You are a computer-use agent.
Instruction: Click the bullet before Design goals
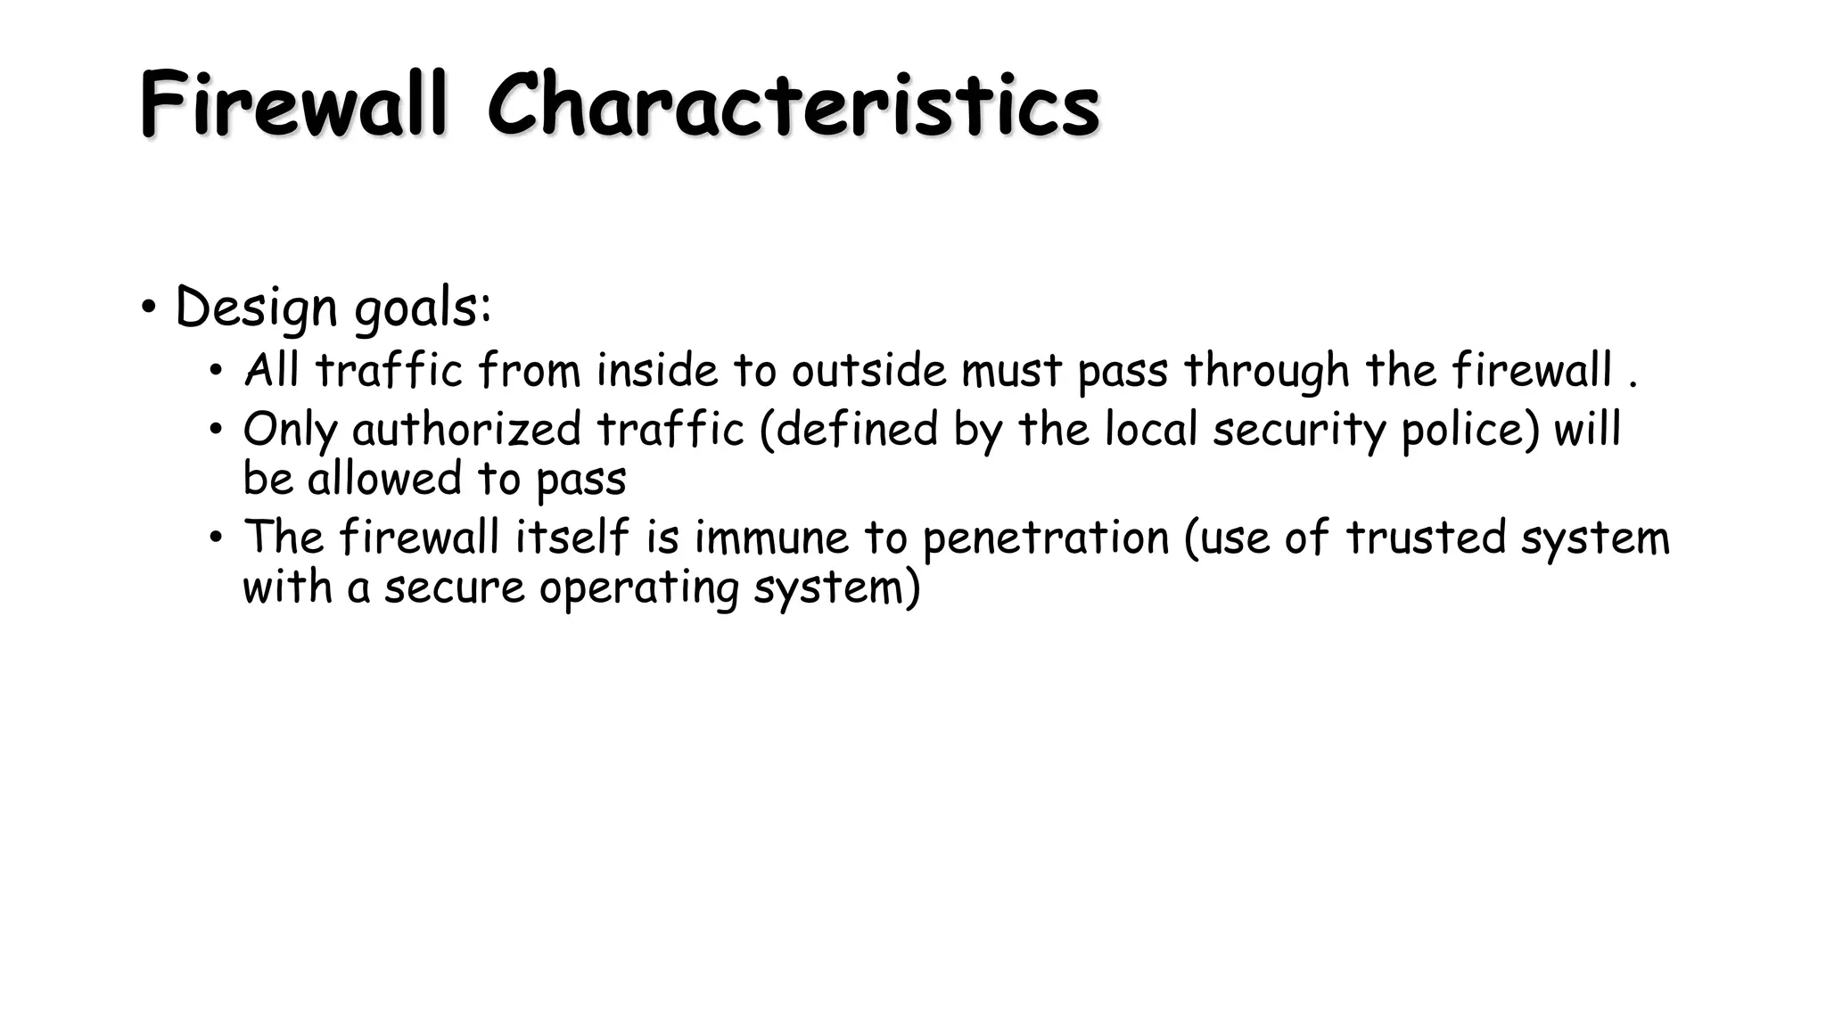(x=149, y=308)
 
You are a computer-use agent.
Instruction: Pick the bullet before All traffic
(x=215, y=371)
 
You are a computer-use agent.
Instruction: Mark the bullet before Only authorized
(x=215, y=430)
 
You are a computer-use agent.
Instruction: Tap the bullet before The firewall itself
(x=215, y=538)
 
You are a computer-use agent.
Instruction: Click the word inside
(x=657, y=370)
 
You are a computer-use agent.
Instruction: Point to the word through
(x=1267, y=371)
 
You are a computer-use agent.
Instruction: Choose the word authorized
(x=466, y=430)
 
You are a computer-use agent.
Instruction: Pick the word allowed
(x=383, y=479)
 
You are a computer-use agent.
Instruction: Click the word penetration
(x=1045, y=538)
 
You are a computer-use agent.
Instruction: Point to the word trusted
(x=1425, y=538)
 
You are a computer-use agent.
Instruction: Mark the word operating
(x=638, y=588)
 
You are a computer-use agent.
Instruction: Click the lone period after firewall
(x=1633, y=385)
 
